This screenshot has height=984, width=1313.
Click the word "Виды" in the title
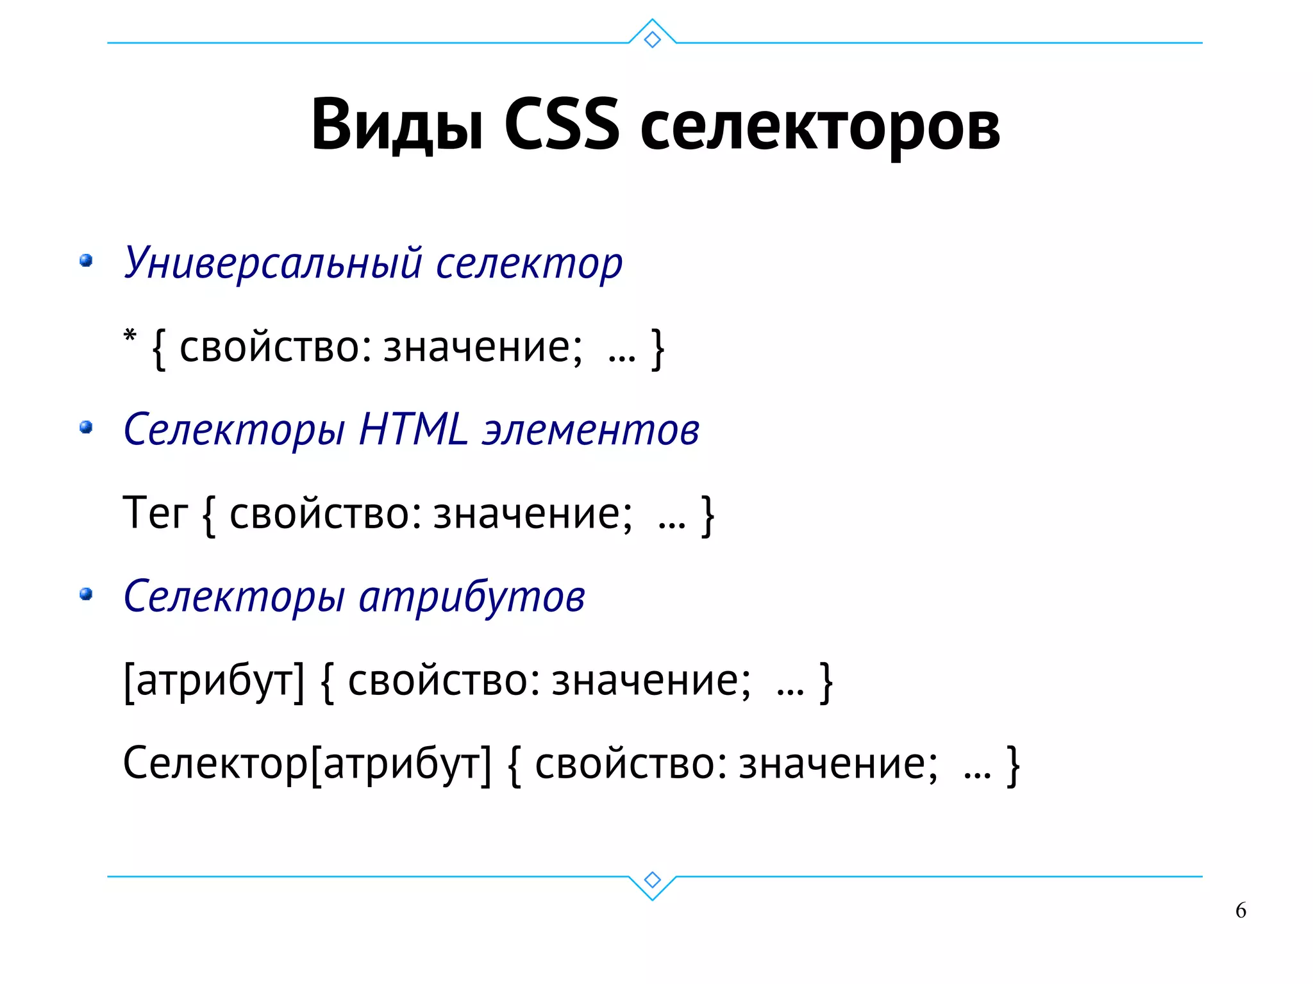(x=397, y=125)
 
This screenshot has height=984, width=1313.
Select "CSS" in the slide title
(x=562, y=125)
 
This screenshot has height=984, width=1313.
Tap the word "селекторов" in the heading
(x=820, y=128)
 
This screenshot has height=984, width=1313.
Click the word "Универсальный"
(x=273, y=263)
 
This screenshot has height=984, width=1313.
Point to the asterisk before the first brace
(x=130, y=336)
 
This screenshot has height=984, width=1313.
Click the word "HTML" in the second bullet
(x=414, y=429)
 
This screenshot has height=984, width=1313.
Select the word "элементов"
(x=590, y=430)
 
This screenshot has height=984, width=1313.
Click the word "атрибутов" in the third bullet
(x=472, y=597)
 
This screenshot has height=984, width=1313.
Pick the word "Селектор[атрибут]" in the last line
(x=307, y=763)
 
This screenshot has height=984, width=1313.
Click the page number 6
(x=1241, y=910)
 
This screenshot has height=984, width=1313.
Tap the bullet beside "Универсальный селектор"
(x=86, y=260)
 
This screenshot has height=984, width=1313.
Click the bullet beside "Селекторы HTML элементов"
(x=86, y=427)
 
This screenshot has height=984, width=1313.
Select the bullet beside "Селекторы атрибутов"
(x=86, y=594)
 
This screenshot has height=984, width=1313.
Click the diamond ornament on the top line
(x=652, y=39)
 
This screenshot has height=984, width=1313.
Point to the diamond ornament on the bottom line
(x=652, y=880)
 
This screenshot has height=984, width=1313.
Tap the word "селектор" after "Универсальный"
(x=529, y=263)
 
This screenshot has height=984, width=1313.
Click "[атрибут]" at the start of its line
(x=214, y=681)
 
